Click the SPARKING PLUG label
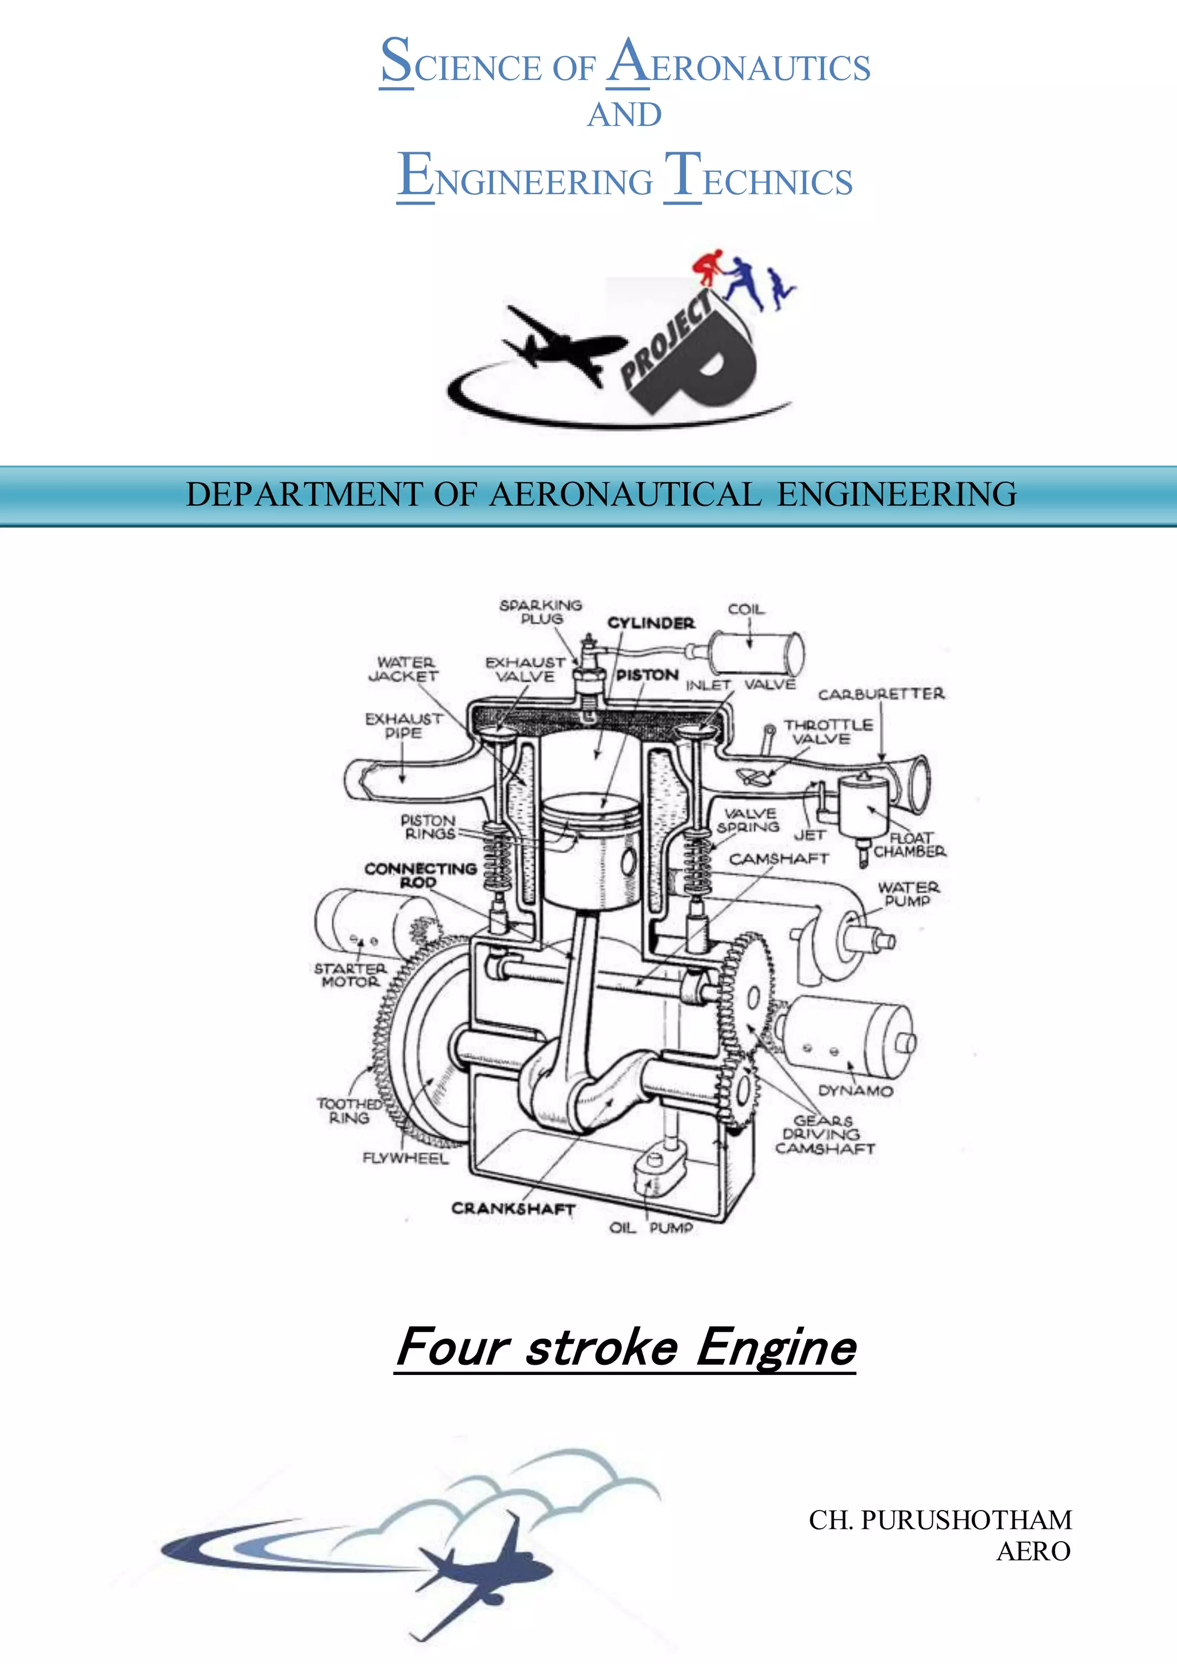coord(541,612)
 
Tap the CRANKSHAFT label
coord(513,1208)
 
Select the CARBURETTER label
coord(881,694)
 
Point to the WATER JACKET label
coord(405,669)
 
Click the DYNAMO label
coord(855,1091)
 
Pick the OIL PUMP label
coord(651,1228)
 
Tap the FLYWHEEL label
coord(406,1158)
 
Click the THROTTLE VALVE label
coord(828,732)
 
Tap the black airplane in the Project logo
coord(558,344)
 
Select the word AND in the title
coord(624,114)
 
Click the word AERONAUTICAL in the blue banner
coord(624,494)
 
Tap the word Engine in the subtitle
coord(776,1347)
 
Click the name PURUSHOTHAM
coord(966,1520)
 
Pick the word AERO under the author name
coord(1033,1551)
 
